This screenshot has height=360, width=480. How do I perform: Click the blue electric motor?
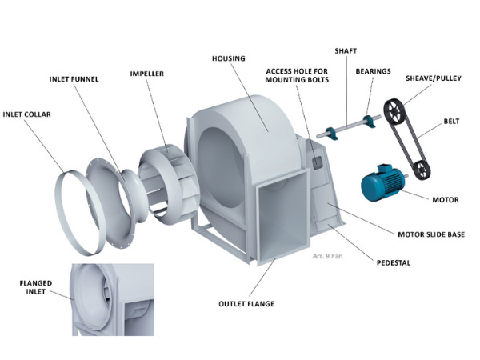pos(384,182)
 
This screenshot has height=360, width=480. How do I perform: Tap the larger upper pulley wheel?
pos(394,112)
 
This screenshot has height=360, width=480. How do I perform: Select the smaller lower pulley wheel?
pos(421,170)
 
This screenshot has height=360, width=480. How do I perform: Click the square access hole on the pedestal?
pos(317,162)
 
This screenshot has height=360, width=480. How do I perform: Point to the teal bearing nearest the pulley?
pos(369,121)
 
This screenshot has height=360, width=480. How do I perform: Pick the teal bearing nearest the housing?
pos(332,133)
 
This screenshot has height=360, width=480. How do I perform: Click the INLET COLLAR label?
pos(27,114)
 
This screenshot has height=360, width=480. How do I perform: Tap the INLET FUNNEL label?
pos(74,79)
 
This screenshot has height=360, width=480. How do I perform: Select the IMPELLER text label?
pos(147,74)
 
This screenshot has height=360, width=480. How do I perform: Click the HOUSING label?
pos(229,58)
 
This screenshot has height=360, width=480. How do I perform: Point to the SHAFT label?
pos(346,51)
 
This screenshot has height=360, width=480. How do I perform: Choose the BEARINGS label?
pos(373,71)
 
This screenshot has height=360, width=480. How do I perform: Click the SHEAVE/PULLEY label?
pos(434,78)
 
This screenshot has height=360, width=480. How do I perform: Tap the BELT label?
pos(451,122)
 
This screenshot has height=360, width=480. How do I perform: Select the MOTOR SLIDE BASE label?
pos(431,234)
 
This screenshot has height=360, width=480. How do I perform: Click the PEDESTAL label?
pos(394,262)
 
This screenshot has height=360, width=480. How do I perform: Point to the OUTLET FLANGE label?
pos(246,304)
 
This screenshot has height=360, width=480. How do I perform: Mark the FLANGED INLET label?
pos(36,287)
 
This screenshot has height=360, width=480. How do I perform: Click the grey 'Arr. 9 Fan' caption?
pos(327,256)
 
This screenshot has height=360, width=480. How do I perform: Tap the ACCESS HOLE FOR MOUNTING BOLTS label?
pos(297,75)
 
